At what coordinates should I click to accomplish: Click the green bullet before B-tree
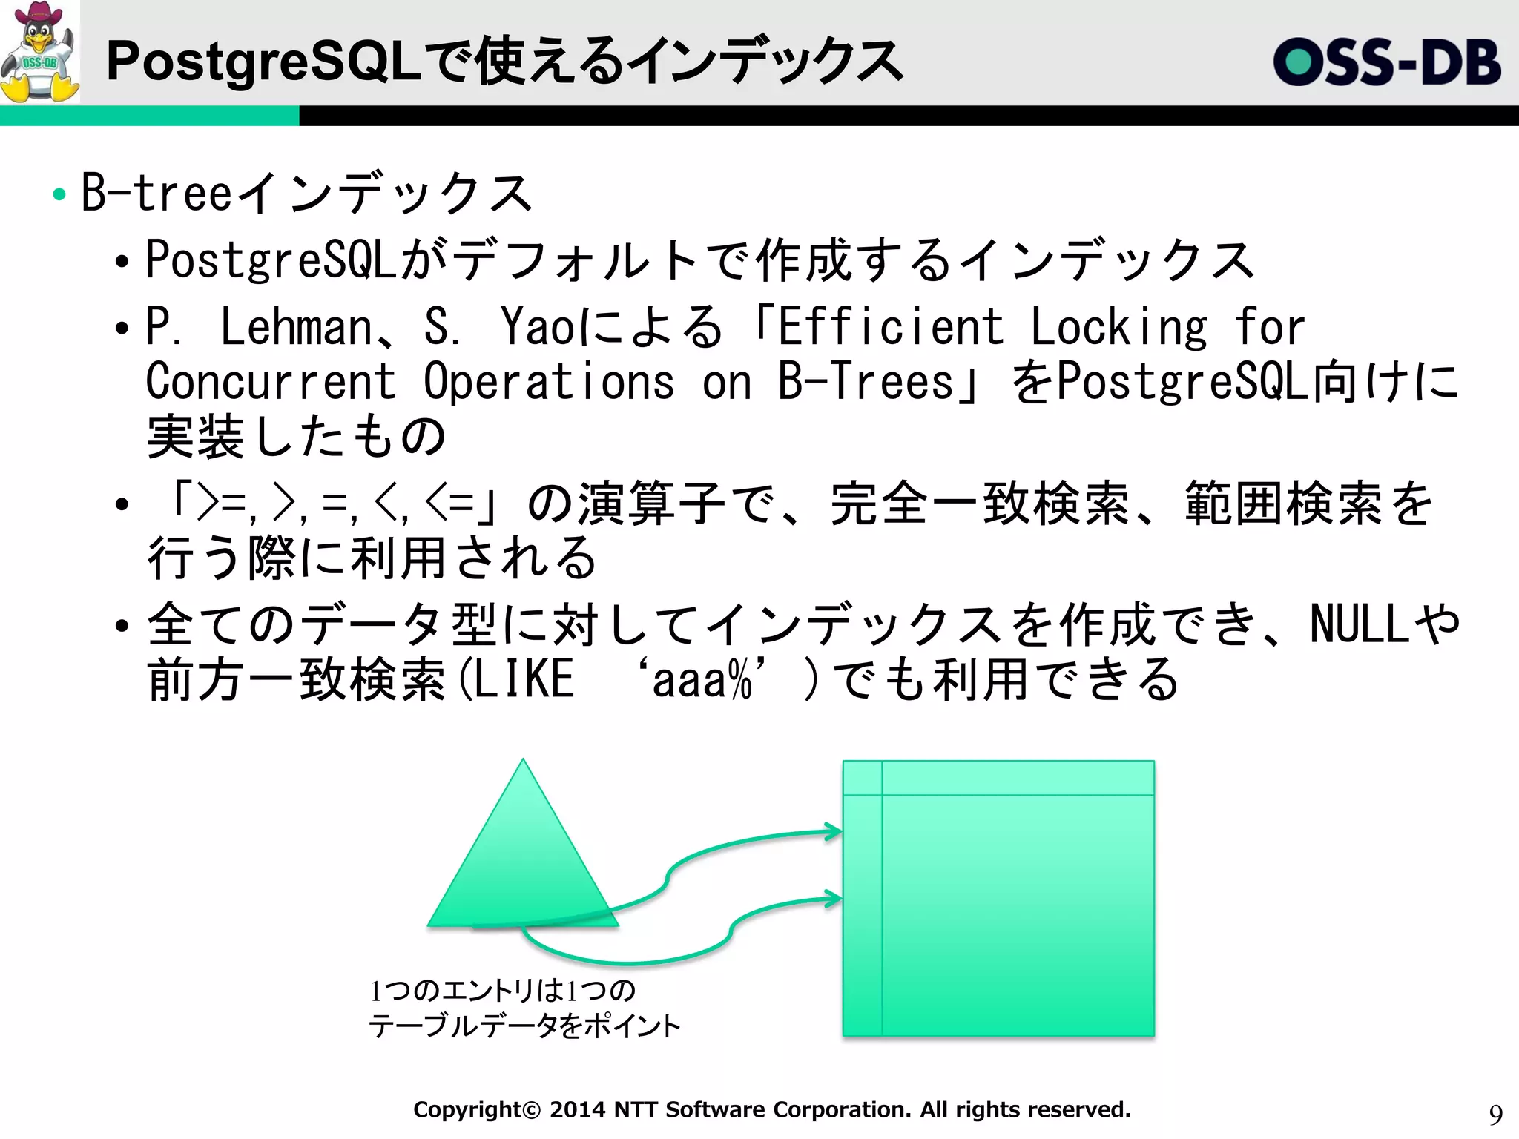[59, 195]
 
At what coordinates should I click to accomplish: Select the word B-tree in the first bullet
[156, 193]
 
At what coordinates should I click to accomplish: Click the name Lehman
[297, 327]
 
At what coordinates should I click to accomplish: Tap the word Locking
[1118, 327]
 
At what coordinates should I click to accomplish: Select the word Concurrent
[271, 382]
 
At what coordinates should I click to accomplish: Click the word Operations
[549, 382]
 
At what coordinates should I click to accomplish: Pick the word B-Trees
[866, 382]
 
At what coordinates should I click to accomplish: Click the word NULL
[1359, 624]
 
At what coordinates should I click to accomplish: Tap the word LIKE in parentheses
[524, 679]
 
